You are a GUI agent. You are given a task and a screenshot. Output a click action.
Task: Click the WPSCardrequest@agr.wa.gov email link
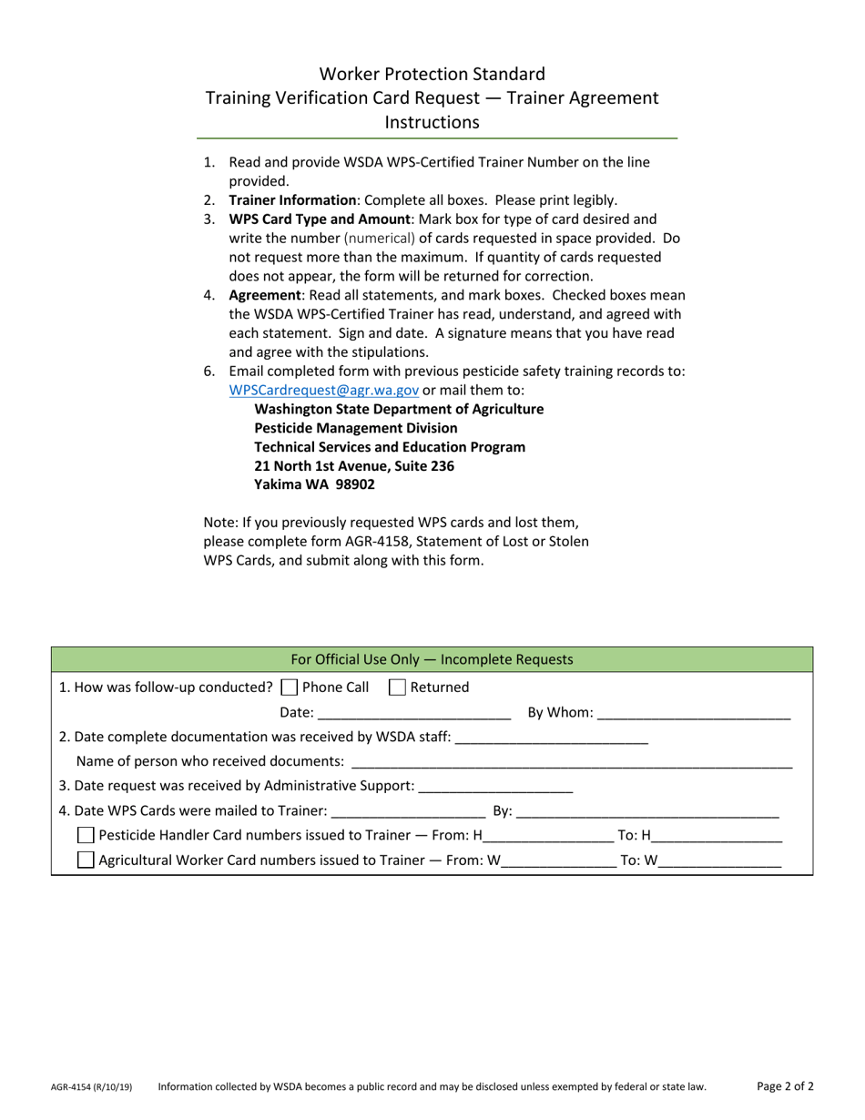click(323, 390)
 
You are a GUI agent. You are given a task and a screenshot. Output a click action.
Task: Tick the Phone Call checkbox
click(290, 687)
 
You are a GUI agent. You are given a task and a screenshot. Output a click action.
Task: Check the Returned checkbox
click(397, 687)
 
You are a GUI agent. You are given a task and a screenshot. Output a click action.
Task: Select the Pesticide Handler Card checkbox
click(86, 835)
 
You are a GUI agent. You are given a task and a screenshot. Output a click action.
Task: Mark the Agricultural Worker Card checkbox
click(86, 860)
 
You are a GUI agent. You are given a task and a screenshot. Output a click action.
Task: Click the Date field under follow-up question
click(414, 713)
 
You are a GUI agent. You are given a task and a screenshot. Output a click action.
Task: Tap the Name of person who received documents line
click(571, 761)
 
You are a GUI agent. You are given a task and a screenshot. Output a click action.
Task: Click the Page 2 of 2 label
click(785, 1085)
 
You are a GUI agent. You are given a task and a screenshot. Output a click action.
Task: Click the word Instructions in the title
click(432, 121)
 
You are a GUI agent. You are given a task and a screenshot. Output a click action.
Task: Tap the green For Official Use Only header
click(432, 659)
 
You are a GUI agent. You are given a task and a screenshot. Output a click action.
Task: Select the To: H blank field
click(717, 836)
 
